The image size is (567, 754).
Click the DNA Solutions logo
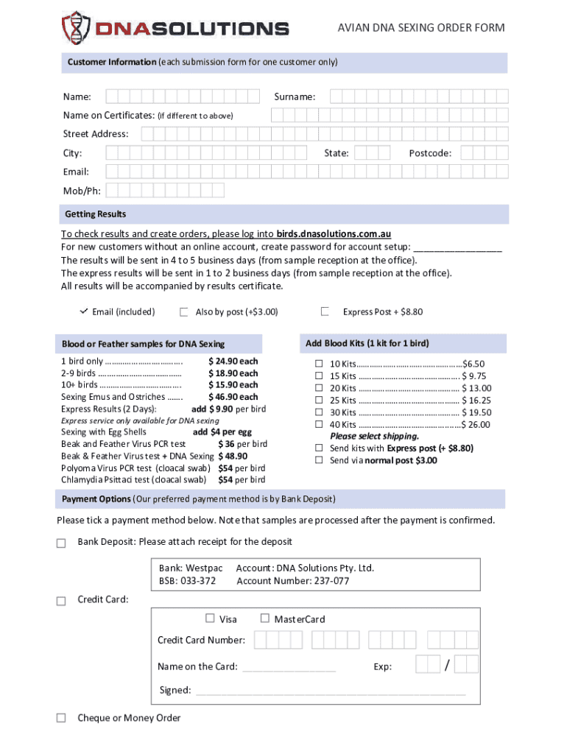175,28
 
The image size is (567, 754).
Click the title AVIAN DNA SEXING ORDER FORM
421,28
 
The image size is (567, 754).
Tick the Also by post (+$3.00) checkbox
184,311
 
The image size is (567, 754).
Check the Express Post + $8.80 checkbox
324,311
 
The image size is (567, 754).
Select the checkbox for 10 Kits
320,364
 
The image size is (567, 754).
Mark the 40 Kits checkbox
320,424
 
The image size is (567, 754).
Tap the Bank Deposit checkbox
61,543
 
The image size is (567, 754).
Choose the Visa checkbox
210,619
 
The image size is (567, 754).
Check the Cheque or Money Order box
61,718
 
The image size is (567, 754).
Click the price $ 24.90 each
233,361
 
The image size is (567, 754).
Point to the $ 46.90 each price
233,397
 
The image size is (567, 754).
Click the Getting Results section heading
96,214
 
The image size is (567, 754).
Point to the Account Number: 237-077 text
292,581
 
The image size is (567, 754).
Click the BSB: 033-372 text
187,581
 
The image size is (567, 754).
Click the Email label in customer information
76,172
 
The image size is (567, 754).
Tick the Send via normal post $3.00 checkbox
320,460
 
